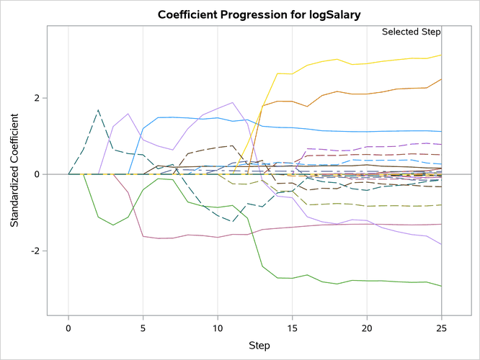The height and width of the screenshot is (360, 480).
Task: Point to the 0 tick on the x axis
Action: pyautogui.click(x=68, y=328)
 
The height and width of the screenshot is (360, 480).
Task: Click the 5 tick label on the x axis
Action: pyautogui.click(x=143, y=328)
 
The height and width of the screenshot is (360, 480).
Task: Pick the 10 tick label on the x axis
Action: pyautogui.click(x=218, y=328)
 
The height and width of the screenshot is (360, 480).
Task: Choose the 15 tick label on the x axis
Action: pyautogui.click(x=293, y=328)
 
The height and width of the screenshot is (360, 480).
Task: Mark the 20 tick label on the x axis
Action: pyautogui.click(x=367, y=328)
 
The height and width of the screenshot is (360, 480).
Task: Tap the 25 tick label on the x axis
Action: pyautogui.click(x=441, y=328)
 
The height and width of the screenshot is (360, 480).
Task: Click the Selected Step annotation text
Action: pyautogui.click(x=411, y=32)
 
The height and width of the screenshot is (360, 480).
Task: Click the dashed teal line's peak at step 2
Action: pyautogui.click(x=99, y=110)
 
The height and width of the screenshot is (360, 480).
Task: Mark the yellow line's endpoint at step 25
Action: pyautogui.click(x=441, y=55)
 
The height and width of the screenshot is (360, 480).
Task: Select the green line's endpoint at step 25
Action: pyautogui.click(x=441, y=286)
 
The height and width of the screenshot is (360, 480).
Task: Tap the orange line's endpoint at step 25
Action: pyautogui.click(x=441, y=79)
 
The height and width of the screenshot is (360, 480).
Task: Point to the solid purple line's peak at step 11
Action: pyautogui.click(x=233, y=102)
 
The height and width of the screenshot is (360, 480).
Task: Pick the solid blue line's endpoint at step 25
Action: pyautogui.click(x=441, y=132)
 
